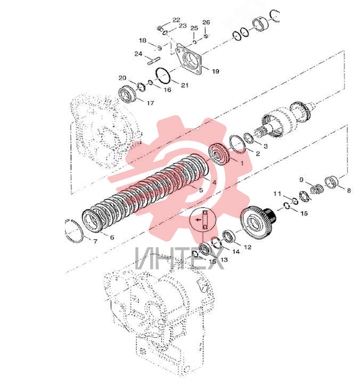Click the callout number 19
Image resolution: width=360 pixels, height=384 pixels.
point(216,71)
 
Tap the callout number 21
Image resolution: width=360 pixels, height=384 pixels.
point(185,85)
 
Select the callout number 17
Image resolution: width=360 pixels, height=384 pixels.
point(150,103)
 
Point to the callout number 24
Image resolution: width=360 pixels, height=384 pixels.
point(138,54)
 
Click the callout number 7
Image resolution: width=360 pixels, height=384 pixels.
point(95,241)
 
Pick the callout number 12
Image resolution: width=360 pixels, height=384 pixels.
point(248,247)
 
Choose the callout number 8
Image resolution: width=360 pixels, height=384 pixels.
point(349,190)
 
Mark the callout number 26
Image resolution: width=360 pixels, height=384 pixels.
point(206,22)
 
